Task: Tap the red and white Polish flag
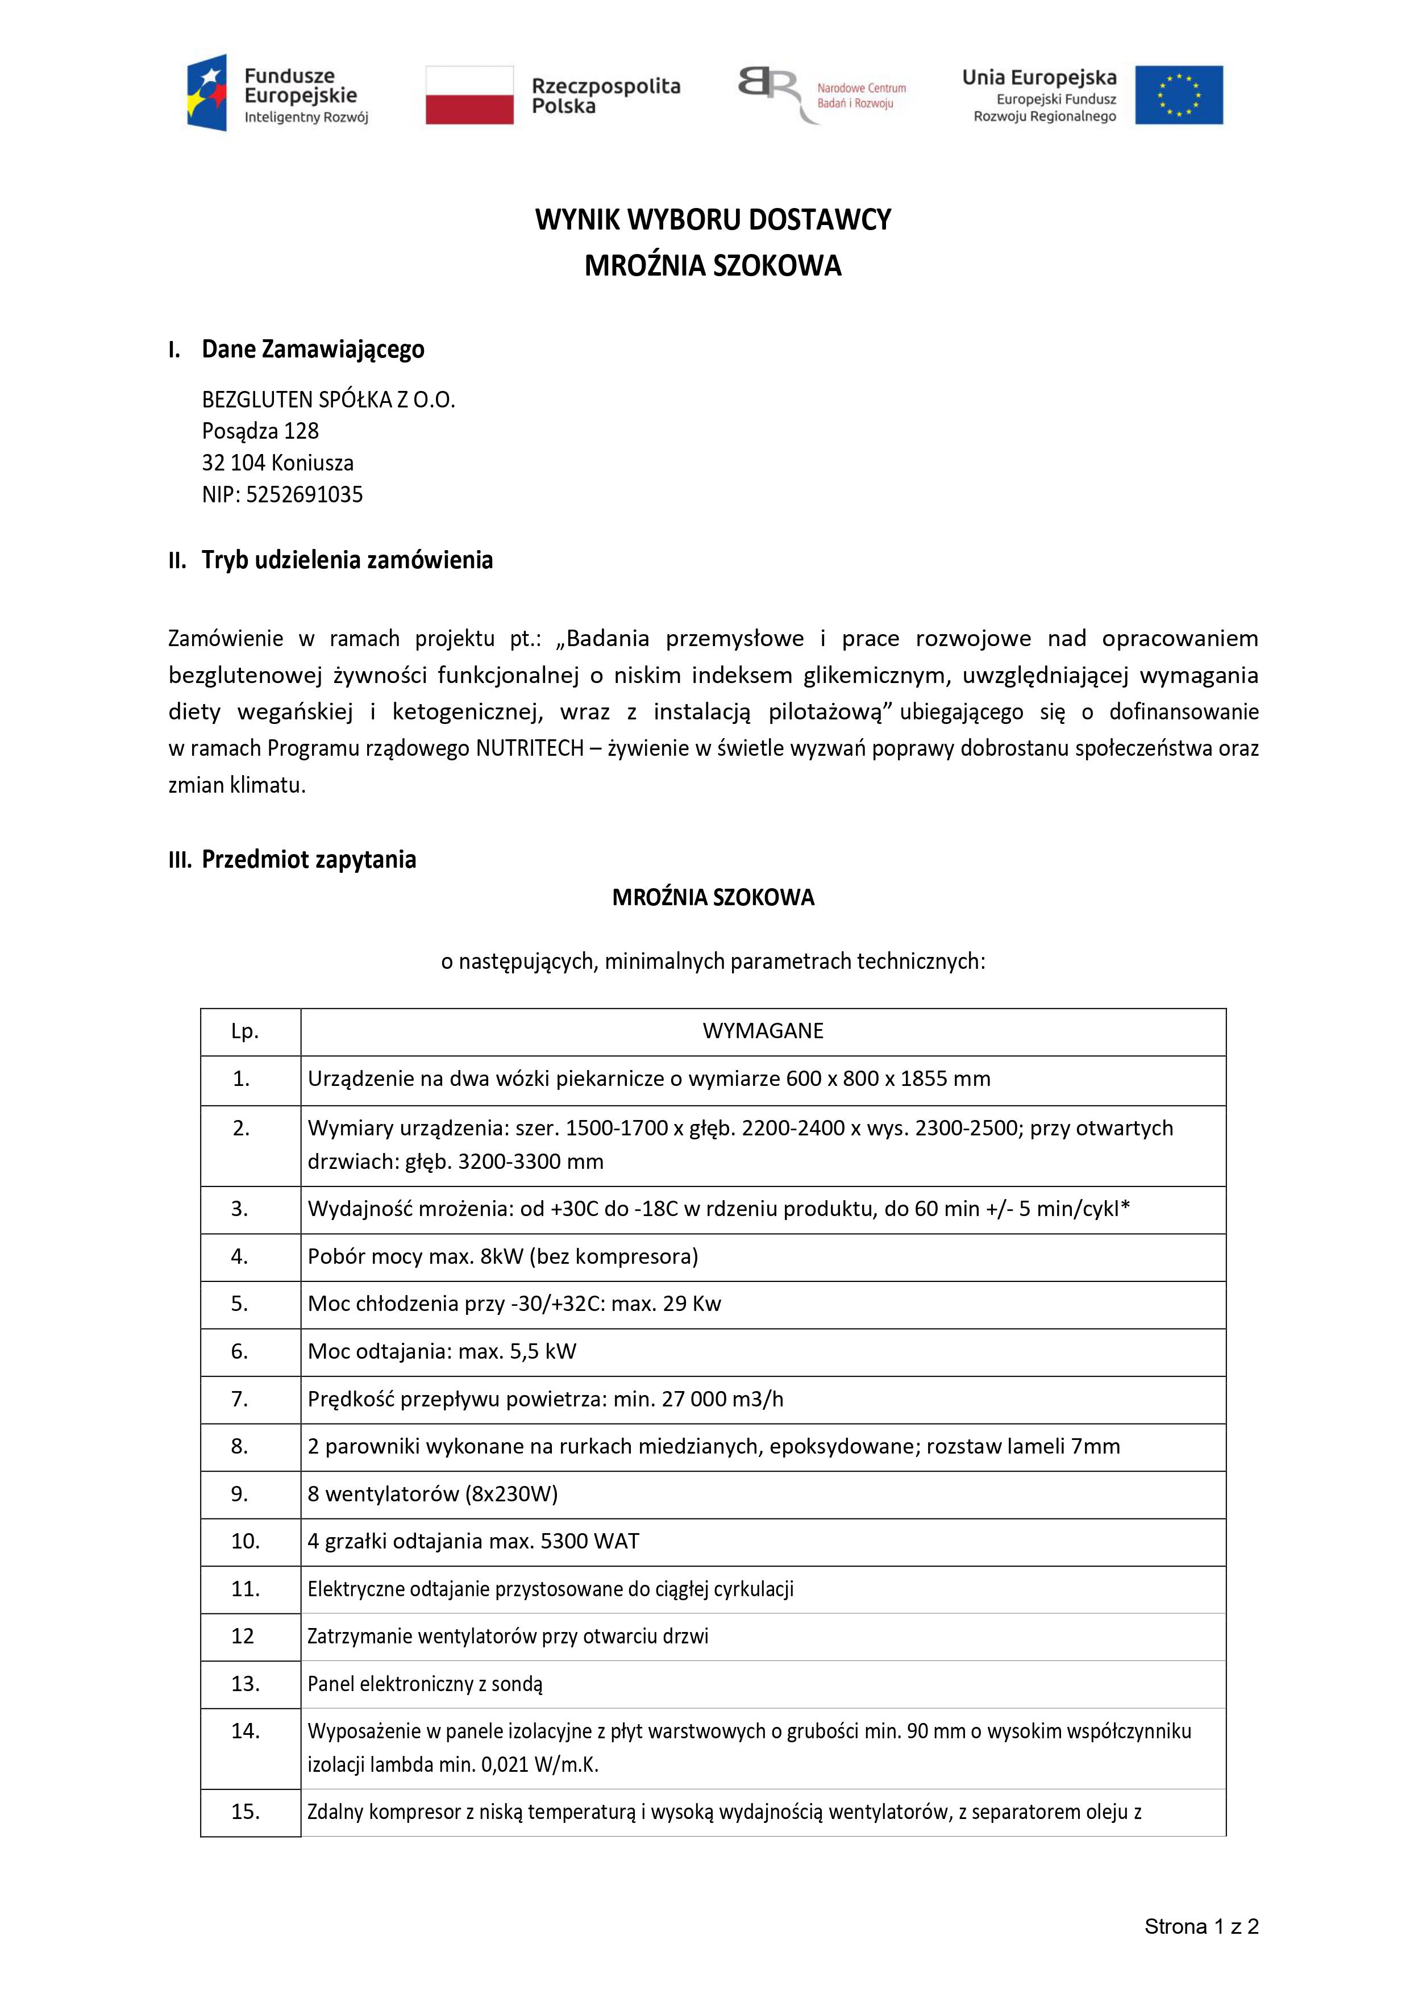click(x=469, y=95)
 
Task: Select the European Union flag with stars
click(x=1178, y=95)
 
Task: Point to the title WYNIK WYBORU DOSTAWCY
click(x=712, y=220)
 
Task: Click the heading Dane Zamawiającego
click(x=313, y=349)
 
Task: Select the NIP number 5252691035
click(x=304, y=495)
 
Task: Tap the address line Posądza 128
click(x=261, y=431)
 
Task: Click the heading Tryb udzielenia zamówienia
click(x=347, y=560)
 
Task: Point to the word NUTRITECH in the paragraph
click(x=529, y=748)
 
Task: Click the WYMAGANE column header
click(x=763, y=1031)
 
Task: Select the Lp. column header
click(x=245, y=1031)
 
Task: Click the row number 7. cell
click(x=240, y=1399)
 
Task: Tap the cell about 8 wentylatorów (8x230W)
click(x=432, y=1494)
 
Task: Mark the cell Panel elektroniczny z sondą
click(x=425, y=1684)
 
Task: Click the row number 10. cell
click(x=245, y=1542)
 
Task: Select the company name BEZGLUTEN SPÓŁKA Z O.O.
click(x=328, y=399)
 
